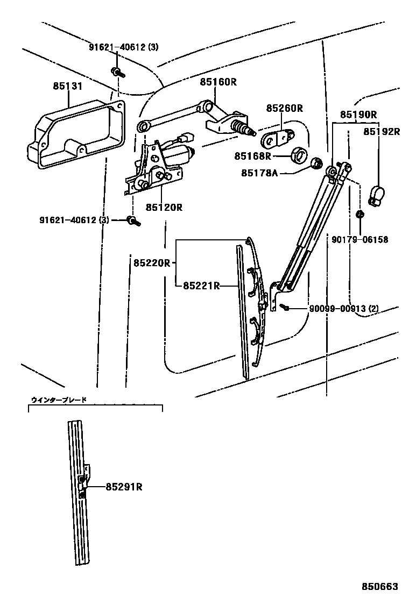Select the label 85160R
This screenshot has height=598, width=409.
[x=218, y=82]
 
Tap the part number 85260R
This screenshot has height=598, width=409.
[x=284, y=108]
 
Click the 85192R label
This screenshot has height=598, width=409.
[x=382, y=131]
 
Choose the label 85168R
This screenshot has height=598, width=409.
[x=252, y=156]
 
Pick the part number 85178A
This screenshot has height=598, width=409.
[x=259, y=173]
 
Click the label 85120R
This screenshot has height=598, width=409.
[x=164, y=207]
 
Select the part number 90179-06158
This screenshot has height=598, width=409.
[x=361, y=240]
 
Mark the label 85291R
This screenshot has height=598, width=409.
[x=124, y=487]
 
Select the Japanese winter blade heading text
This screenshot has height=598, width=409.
[x=59, y=400]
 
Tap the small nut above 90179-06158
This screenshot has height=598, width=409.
[x=359, y=215]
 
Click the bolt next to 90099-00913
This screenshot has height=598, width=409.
[x=286, y=308]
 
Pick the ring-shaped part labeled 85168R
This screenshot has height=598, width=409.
[x=299, y=154]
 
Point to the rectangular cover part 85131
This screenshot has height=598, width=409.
[x=75, y=132]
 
